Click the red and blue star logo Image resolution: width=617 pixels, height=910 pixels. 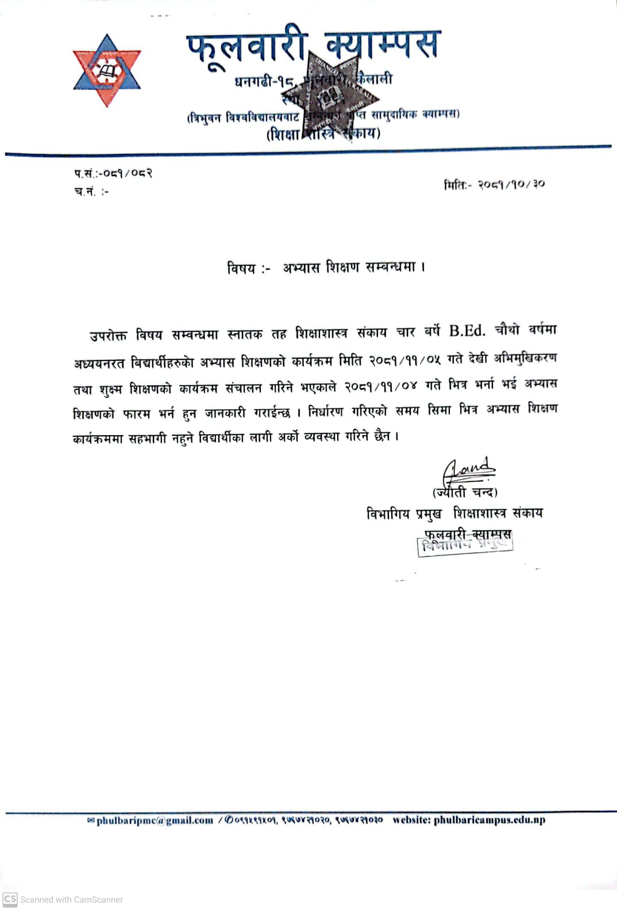(x=107, y=71)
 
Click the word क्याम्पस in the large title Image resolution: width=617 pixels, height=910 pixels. (x=382, y=45)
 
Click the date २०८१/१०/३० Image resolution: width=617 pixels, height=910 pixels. (x=511, y=184)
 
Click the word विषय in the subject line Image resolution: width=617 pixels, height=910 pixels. (x=242, y=268)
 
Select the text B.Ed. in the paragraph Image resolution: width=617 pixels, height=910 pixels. (x=466, y=331)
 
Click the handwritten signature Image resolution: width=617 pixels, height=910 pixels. (x=469, y=470)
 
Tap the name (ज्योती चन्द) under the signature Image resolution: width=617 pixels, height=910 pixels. (x=465, y=492)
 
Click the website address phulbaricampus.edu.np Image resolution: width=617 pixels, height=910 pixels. (x=489, y=819)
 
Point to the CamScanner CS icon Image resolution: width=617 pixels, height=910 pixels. (x=10, y=899)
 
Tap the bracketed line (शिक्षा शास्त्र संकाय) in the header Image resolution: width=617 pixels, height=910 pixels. (x=323, y=134)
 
